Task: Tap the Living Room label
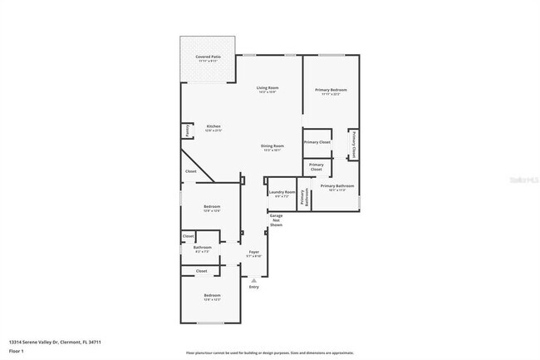(267, 87)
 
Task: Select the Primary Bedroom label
(331, 90)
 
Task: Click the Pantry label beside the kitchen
(188, 131)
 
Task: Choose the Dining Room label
(272, 146)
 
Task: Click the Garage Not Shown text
(276, 220)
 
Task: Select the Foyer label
(254, 252)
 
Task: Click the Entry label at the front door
(254, 287)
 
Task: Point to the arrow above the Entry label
(254, 280)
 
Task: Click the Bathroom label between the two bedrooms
(203, 247)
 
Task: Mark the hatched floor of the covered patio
(207, 71)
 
